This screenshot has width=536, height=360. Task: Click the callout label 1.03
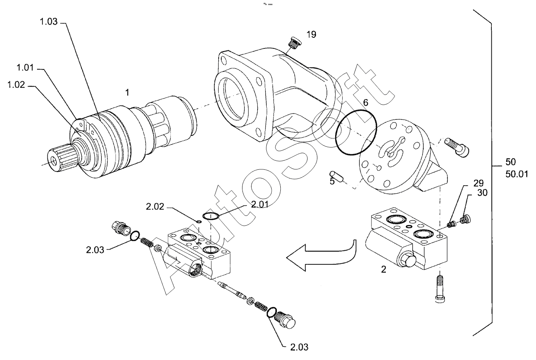[x=48, y=22]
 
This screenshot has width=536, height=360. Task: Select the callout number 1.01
[x=25, y=68]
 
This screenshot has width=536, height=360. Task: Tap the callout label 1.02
[x=16, y=85]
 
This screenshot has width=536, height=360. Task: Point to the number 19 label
[x=311, y=35]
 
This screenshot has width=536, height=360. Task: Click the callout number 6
[x=366, y=102]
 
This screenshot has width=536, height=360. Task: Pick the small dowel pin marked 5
[x=336, y=176]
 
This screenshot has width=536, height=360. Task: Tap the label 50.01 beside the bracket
[x=517, y=174]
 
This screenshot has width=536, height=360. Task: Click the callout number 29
[x=479, y=183]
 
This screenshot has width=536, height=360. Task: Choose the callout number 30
[x=482, y=193]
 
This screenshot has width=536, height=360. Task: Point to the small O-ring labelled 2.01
[x=211, y=216]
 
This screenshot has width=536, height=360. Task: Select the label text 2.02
[x=155, y=207]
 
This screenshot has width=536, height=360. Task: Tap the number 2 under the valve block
[x=384, y=270]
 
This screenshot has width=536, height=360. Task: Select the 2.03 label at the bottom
[x=299, y=347]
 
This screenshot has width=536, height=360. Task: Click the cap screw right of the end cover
[x=457, y=148]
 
